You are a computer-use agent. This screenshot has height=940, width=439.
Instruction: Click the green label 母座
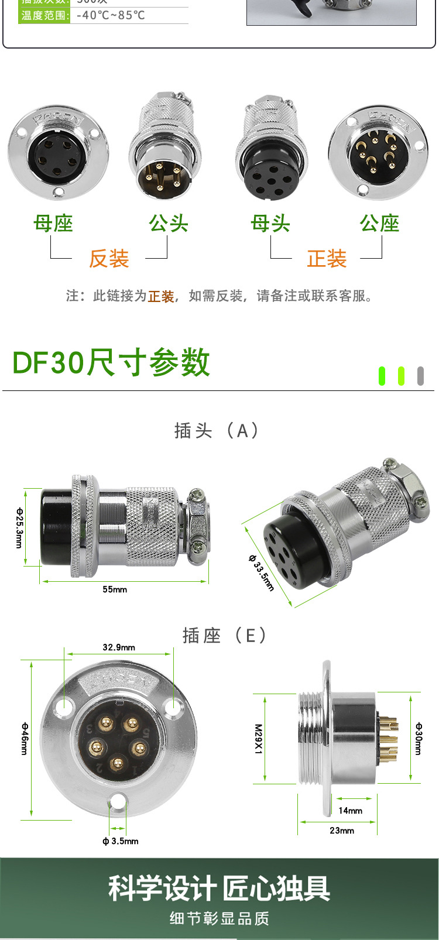(x=53, y=223)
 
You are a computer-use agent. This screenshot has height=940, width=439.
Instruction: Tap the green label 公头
(x=169, y=223)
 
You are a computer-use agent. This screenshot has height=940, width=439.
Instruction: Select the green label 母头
(x=270, y=223)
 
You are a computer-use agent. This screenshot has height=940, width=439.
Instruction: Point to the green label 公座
(x=380, y=223)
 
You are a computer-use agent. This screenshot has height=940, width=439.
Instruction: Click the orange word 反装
(x=109, y=258)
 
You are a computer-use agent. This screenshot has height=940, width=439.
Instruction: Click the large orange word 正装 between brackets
(x=327, y=258)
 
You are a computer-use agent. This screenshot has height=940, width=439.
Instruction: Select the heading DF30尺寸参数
(x=111, y=362)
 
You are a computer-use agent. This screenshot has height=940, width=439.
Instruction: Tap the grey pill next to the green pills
(x=420, y=376)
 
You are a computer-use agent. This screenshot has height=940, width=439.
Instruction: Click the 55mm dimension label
(x=115, y=589)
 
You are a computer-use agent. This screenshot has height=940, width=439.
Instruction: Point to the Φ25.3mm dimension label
(x=19, y=527)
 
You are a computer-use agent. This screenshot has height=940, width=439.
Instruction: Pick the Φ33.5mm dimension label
(x=261, y=572)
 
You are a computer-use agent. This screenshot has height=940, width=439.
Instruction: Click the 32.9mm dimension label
(x=119, y=647)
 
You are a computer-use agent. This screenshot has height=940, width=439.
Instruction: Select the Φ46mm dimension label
(x=25, y=739)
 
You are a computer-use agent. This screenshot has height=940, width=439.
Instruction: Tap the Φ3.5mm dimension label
(x=121, y=841)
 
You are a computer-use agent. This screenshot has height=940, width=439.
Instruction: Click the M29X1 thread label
(x=258, y=739)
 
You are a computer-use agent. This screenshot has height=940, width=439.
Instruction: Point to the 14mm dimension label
(x=350, y=811)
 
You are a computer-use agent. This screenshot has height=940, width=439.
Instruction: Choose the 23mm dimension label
(x=342, y=831)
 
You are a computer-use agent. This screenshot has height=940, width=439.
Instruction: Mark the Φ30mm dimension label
(x=418, y=739)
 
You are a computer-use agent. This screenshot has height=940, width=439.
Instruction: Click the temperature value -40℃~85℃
(x=111, y=15)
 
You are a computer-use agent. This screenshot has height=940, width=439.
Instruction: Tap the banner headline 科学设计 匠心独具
(x=220, y=888)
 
